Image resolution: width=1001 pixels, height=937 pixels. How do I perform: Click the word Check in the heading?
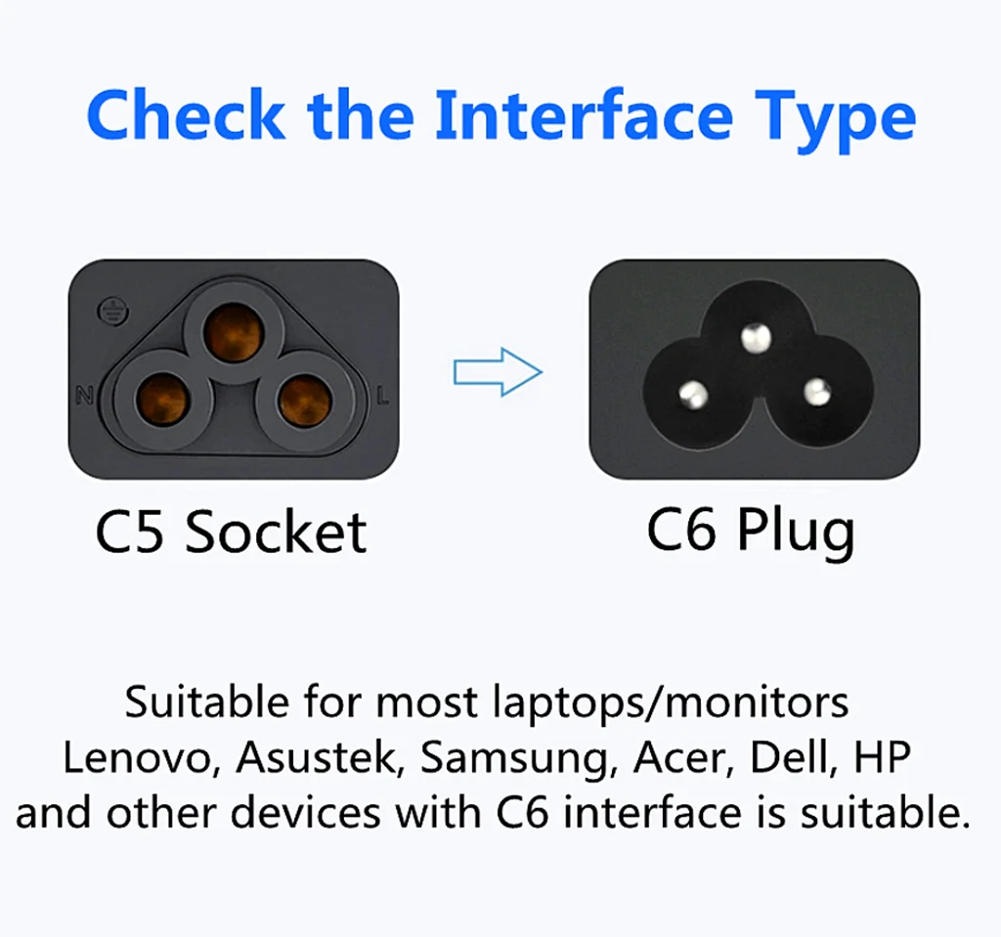click(186, 115)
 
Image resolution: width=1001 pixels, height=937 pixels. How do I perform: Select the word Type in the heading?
click(836, 121)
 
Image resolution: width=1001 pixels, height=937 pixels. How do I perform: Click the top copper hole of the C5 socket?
click(233, 333)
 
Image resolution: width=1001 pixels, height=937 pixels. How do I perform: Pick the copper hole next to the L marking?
click(305, 403)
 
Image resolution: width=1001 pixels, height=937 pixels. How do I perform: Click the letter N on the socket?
click(84, 395)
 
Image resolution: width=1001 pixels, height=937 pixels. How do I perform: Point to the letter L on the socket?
click(382, 397)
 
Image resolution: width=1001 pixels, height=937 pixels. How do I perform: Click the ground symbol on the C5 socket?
click(113, 313)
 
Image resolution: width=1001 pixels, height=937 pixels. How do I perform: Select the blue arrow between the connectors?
click(498, 371)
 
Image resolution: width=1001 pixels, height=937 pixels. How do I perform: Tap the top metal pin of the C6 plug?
click(756, 338)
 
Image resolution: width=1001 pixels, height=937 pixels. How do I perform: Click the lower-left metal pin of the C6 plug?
click(693, 395)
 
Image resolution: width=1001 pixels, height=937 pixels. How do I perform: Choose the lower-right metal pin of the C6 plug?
click(816, 393)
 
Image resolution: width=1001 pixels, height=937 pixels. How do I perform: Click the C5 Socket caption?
click(231, 532)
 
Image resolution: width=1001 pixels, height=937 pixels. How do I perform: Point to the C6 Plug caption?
click(751, 532)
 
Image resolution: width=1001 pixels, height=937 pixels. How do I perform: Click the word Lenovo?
click(141, 758)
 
